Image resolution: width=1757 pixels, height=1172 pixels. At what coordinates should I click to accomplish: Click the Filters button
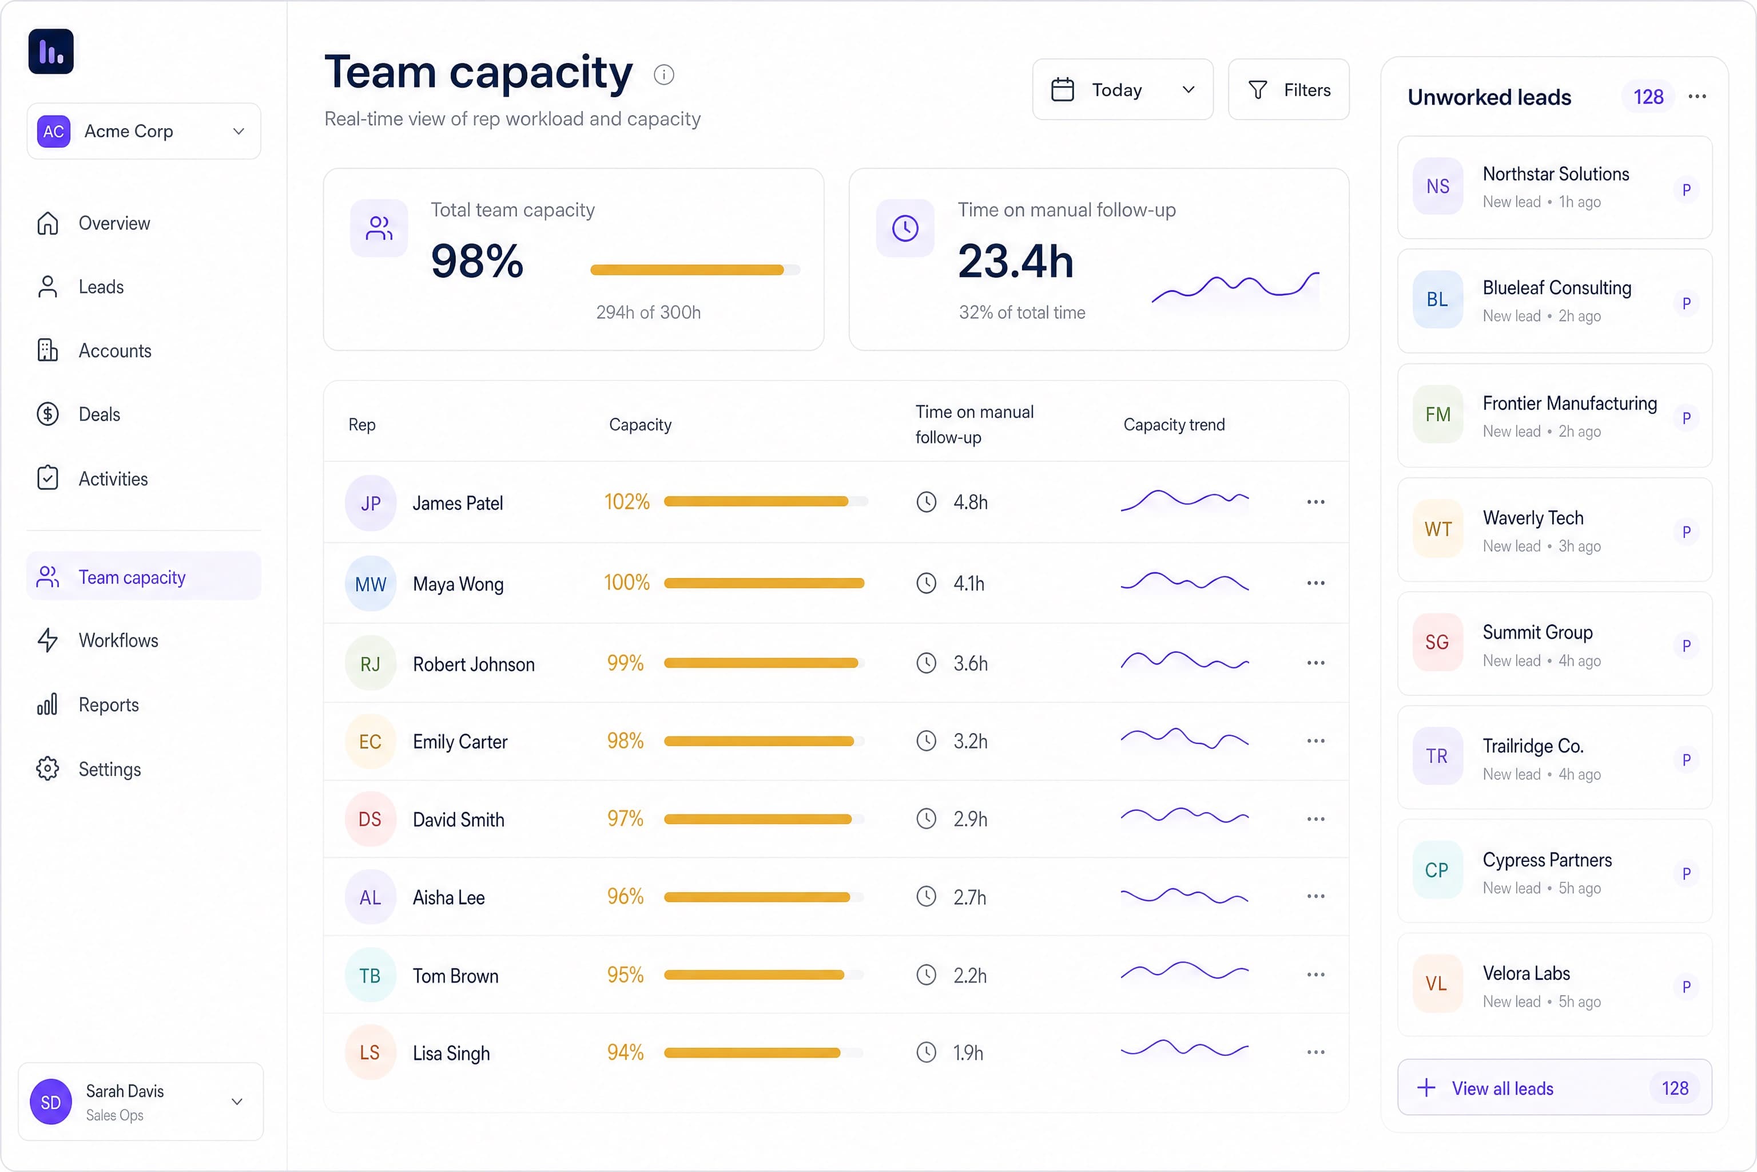coord(1288,90)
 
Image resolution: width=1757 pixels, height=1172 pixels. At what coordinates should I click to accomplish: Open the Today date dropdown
coord(1122,90)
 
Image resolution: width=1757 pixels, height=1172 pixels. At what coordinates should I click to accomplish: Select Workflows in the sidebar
coord(118,640)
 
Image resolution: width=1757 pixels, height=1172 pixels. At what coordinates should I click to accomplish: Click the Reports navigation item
coord(108,705)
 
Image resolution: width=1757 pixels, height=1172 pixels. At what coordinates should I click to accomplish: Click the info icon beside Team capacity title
coord(663,75)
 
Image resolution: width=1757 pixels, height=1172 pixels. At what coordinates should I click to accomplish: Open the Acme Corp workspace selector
coord(144,132)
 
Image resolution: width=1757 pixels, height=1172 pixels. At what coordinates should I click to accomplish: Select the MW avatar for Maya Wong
coord(371,584)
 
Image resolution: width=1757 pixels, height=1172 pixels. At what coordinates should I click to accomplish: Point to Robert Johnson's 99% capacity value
coord(625,663)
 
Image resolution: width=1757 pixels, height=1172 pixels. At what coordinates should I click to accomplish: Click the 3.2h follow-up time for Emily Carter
coord(971,742)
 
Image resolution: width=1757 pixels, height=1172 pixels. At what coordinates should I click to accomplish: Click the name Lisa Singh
coord(451,1053)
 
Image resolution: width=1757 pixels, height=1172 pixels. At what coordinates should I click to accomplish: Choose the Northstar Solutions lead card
coord(1555,188)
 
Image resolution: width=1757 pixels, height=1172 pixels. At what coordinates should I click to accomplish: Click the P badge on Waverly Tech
coord(1686,532)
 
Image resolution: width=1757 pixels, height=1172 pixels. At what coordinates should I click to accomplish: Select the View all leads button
coord(1555,1087)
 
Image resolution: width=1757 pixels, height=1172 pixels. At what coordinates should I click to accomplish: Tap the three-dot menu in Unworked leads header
coord(1698,96)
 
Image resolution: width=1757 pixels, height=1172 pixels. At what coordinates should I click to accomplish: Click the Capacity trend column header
coord(1174,425)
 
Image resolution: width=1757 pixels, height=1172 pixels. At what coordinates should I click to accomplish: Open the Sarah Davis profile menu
coord(141,1102)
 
